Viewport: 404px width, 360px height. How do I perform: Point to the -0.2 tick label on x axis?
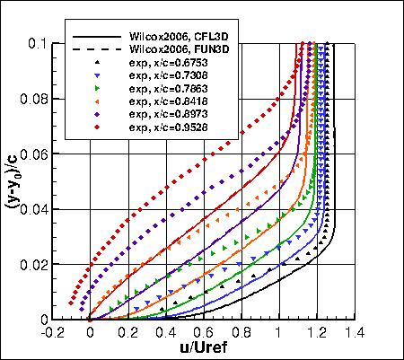tap(51, 331)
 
